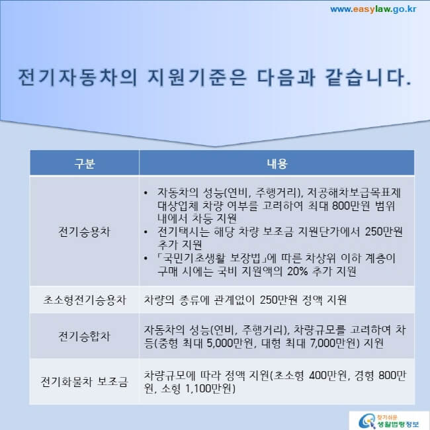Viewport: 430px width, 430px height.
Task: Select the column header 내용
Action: (x=276, y=163)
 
